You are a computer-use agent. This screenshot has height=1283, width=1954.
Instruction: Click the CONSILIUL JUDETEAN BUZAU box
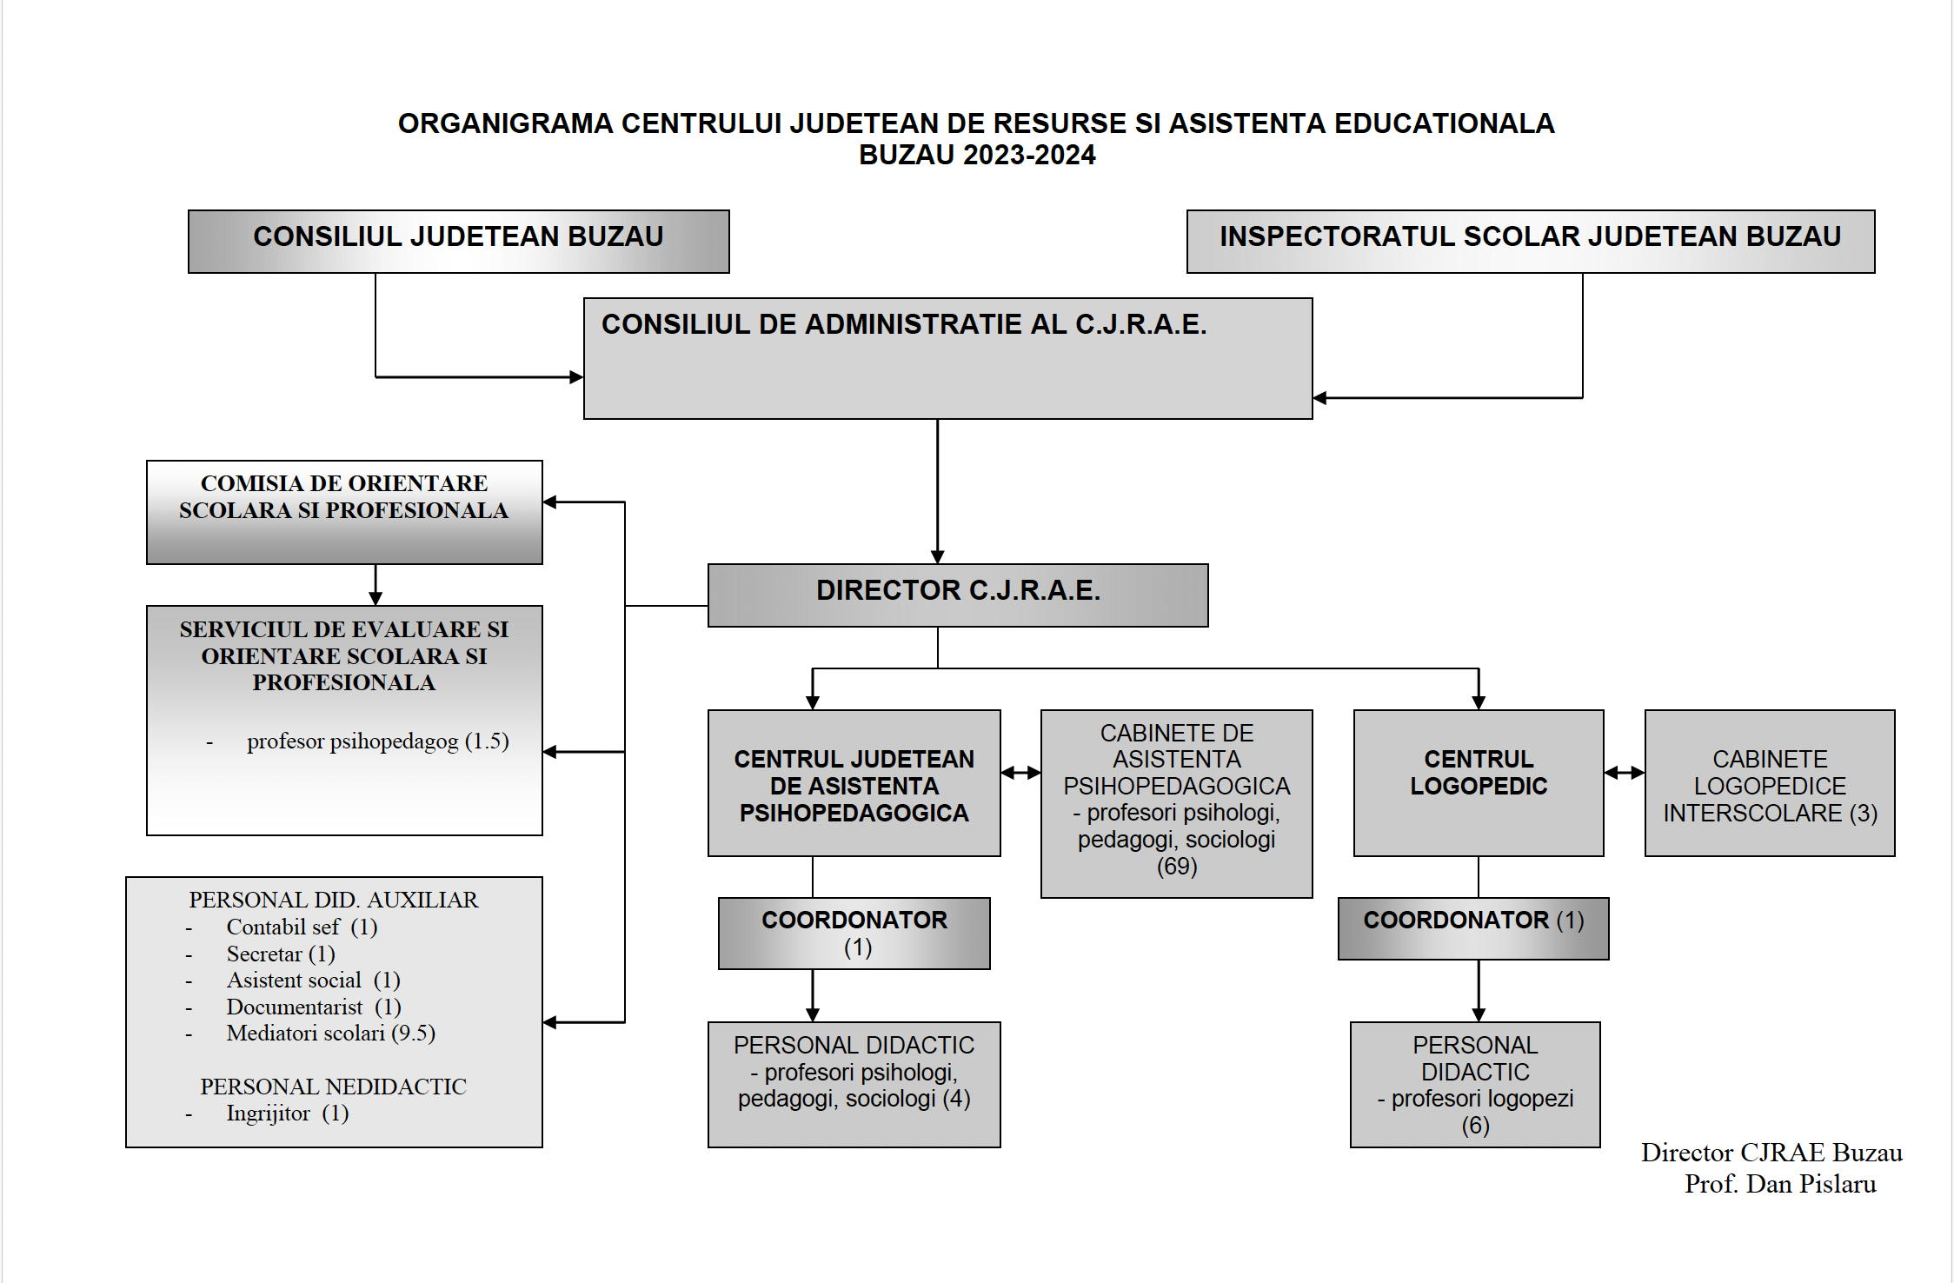tap(459, 242)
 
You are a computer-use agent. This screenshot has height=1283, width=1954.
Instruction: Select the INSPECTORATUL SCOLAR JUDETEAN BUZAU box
tap(1531, 242)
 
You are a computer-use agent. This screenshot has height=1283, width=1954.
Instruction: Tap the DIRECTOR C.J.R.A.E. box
tap(958, 595)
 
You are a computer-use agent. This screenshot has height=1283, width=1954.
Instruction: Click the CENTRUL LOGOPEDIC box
tap(1479, 783)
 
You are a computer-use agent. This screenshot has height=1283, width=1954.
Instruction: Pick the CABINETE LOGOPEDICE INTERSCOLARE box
tap(1770, 783)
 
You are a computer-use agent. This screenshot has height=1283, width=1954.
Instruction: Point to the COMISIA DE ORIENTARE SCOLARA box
tap(344, 513)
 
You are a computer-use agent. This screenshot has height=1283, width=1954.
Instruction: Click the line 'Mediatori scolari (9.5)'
tap(330, 1034)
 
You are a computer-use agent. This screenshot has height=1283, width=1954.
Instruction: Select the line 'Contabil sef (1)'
tap(302, 927)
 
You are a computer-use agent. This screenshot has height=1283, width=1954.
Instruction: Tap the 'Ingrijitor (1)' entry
tap(287, 1113)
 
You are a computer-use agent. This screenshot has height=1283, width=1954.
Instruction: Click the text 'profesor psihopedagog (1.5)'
tap(377, 741)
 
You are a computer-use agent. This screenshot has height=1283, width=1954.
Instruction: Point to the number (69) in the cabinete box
tap(1177, 867)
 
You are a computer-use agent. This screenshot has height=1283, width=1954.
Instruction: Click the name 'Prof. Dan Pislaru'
tap(1780, 1184)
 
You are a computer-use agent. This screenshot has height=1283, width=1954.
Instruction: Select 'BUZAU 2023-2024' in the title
tap(977, 155)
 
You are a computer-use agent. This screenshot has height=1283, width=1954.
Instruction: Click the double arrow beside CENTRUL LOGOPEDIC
tap(1625, 772)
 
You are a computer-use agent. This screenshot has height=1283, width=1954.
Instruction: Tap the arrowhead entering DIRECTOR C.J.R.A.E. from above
tap(937, 557)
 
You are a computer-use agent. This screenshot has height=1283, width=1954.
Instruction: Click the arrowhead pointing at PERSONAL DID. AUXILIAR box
tap(550, 1022)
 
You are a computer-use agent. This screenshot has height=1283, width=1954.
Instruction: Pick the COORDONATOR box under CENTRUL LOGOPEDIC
tap(1473, 928)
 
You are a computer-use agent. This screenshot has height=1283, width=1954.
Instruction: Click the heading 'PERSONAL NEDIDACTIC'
tap(333, 1087)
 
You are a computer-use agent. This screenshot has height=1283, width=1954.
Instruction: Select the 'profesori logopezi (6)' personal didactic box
tap(1475, 1085)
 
